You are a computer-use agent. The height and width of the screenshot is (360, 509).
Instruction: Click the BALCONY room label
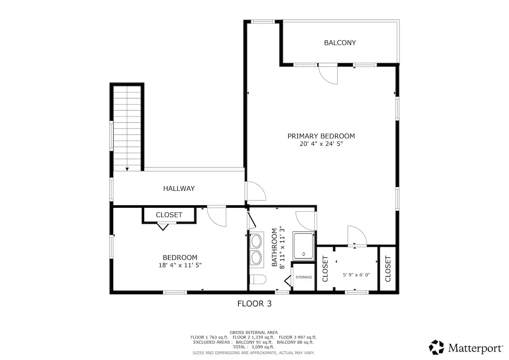pos(340,43)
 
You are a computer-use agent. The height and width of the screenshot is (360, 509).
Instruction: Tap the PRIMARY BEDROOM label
pos(321,136)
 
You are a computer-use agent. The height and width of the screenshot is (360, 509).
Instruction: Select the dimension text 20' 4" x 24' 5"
pos(321,144)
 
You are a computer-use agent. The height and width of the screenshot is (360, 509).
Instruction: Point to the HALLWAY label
pos(179,189)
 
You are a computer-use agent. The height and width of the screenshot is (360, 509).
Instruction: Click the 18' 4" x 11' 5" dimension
pos(180,265)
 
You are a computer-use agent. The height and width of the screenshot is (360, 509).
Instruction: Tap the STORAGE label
pos(304,277)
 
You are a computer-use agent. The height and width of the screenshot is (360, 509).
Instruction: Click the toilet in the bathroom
pos(258,279)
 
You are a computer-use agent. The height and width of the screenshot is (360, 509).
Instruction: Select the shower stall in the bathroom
pos(304,246)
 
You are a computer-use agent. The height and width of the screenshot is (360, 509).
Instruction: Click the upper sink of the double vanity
pos(256,241)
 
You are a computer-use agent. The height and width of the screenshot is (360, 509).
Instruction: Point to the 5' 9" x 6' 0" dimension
pos(356,275)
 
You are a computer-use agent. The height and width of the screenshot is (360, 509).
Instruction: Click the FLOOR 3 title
pos(254,304)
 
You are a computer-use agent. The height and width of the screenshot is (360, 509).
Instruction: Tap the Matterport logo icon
pos(436,347)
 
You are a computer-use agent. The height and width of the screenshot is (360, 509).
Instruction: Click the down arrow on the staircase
pos(127,169)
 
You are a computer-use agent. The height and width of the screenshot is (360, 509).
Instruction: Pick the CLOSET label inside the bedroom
pos(169,215)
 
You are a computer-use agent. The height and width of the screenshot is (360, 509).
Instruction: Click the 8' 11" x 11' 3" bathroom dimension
pos(282,247)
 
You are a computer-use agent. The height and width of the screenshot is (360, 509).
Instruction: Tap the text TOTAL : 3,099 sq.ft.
pos(254,347)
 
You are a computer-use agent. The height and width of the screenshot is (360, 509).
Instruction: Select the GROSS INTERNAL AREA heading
pos(254,332)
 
